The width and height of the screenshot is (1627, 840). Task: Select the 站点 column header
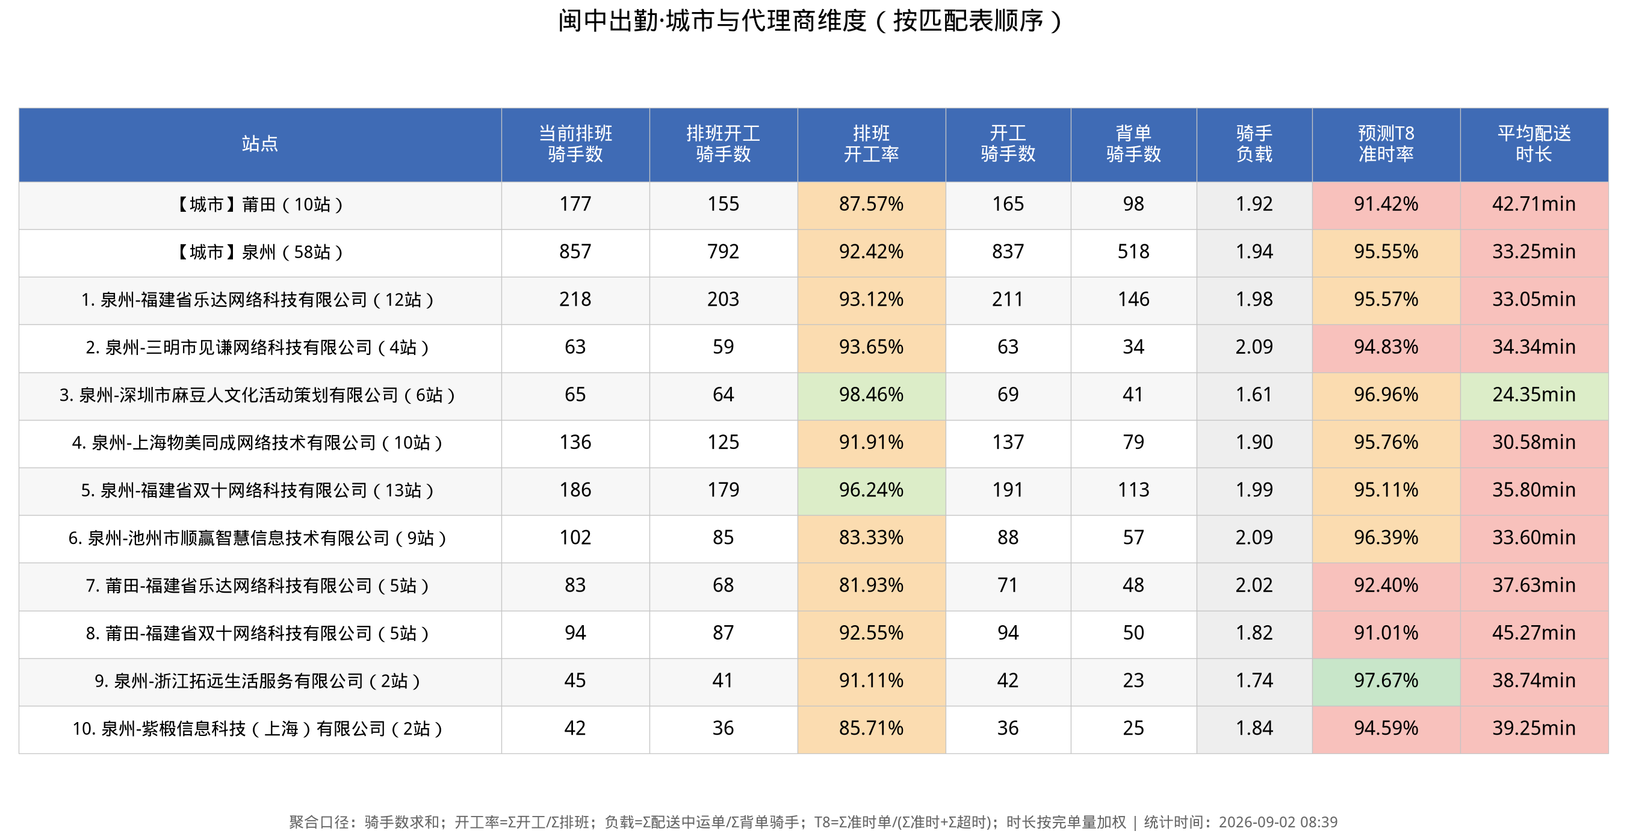click(259, 144)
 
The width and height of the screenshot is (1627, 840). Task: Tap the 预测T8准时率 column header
click(1386, 144)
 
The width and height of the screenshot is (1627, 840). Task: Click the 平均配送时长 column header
click(1534, 144)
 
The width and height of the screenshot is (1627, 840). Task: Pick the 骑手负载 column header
click(1254, 144)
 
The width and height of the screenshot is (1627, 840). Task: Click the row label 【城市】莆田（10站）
click(259, 205)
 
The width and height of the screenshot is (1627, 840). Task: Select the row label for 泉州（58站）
click(259, 252)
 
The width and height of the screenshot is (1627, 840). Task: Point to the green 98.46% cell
click(871, 395)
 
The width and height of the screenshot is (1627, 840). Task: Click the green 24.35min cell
click(1534, 395)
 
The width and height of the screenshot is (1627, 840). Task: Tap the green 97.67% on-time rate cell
click(1386, 681)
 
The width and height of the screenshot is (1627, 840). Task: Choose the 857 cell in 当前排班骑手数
click(575, 252)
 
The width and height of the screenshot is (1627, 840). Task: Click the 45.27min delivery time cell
click(1534, 634)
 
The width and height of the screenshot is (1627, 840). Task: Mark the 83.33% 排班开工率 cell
click(871, 538)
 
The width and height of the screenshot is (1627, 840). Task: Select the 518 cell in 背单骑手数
click(1133, 252)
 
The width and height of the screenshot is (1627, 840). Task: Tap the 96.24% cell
click(871, 491)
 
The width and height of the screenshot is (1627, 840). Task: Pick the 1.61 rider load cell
click(1254, 395)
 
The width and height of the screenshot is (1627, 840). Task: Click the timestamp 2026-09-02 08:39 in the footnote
click(1278, 823)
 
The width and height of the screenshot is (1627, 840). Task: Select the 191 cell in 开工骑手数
click(1008, 491)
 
